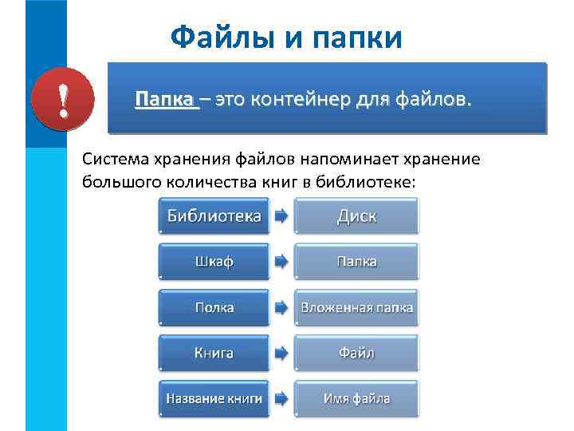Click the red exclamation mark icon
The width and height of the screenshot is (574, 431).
pos(62,102)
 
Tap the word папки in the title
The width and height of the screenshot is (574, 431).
pos(355,38)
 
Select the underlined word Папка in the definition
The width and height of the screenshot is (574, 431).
pos(165,101)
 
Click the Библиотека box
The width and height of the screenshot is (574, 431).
pos(213,216)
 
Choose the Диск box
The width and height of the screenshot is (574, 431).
pos(356,216)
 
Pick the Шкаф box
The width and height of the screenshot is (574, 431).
pos(213,262)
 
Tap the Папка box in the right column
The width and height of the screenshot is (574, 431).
pos(356,262)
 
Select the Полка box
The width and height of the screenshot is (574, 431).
pos(213,307)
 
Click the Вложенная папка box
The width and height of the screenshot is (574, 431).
pos(356,307)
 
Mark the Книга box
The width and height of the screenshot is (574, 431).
pos(213,353)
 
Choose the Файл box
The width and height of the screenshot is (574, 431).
pos(356,353)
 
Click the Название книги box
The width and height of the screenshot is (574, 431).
pos(213,397)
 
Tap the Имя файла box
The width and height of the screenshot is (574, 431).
pos(356,397)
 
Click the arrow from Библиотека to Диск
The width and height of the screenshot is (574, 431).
pos(281,215)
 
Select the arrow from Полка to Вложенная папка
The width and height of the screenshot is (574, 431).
pos(281,306)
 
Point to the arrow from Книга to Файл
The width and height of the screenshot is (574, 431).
pos(281,352)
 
